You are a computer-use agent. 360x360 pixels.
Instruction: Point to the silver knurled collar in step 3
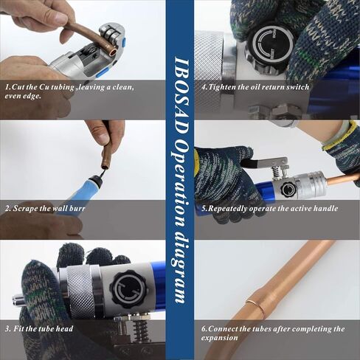click(83, 288)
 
